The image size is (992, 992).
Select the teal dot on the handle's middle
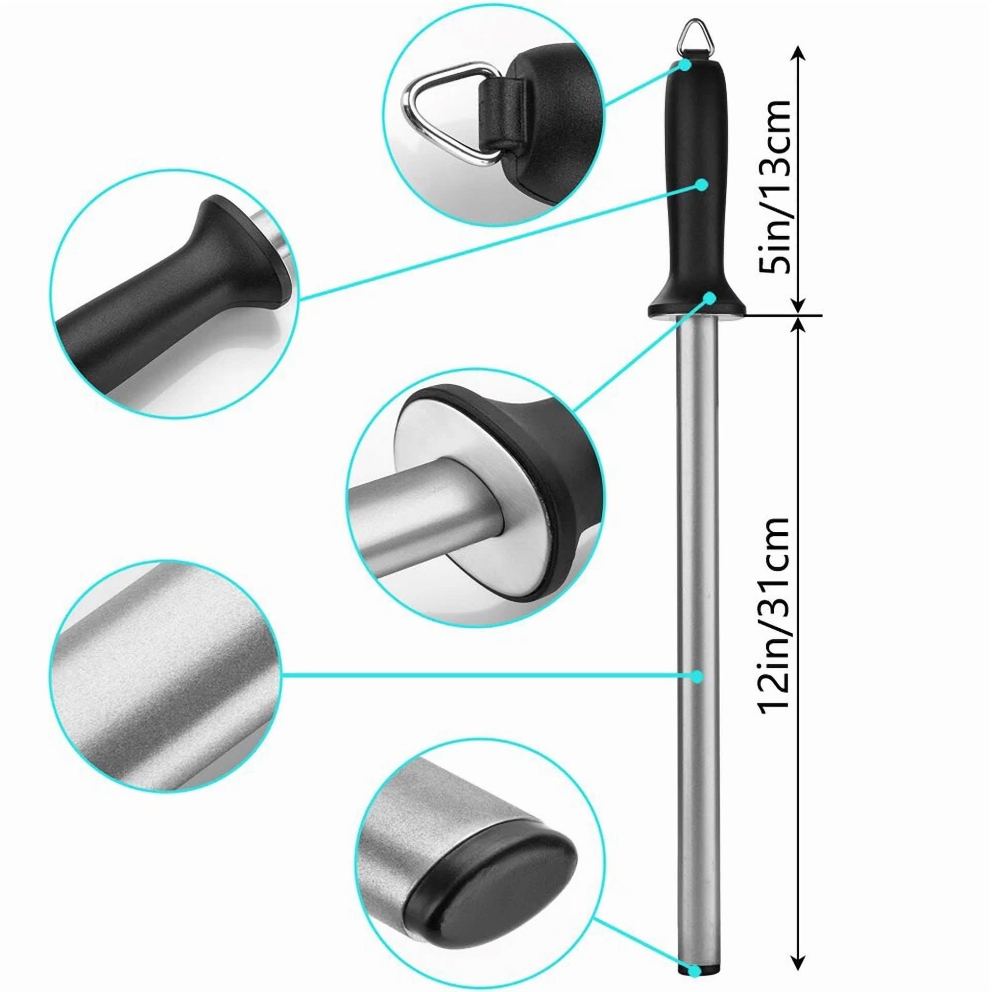(701, 184)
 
